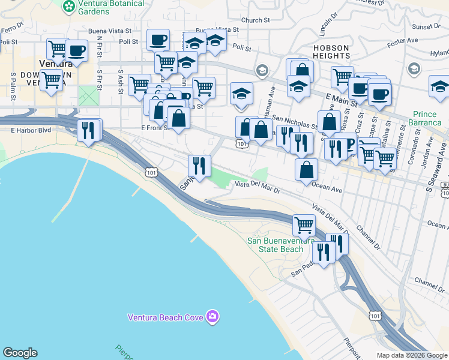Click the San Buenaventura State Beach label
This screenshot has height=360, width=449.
pos(276,245)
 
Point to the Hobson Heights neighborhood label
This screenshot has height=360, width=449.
pos(331,51)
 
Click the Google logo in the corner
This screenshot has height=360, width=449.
pos(20,353)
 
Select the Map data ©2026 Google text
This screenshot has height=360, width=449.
pos(412,355)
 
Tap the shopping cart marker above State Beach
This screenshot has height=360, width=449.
pos(304,226)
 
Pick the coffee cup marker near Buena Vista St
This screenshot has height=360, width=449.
pos(158,40)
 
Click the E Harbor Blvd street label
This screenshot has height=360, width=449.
pos(29,129)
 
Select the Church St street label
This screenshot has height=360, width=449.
pos(252,20)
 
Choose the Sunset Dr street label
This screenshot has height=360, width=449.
pos(425,26)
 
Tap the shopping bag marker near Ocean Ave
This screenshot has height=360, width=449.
pos(306,170)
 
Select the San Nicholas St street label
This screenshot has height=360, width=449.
pos(294,122)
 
